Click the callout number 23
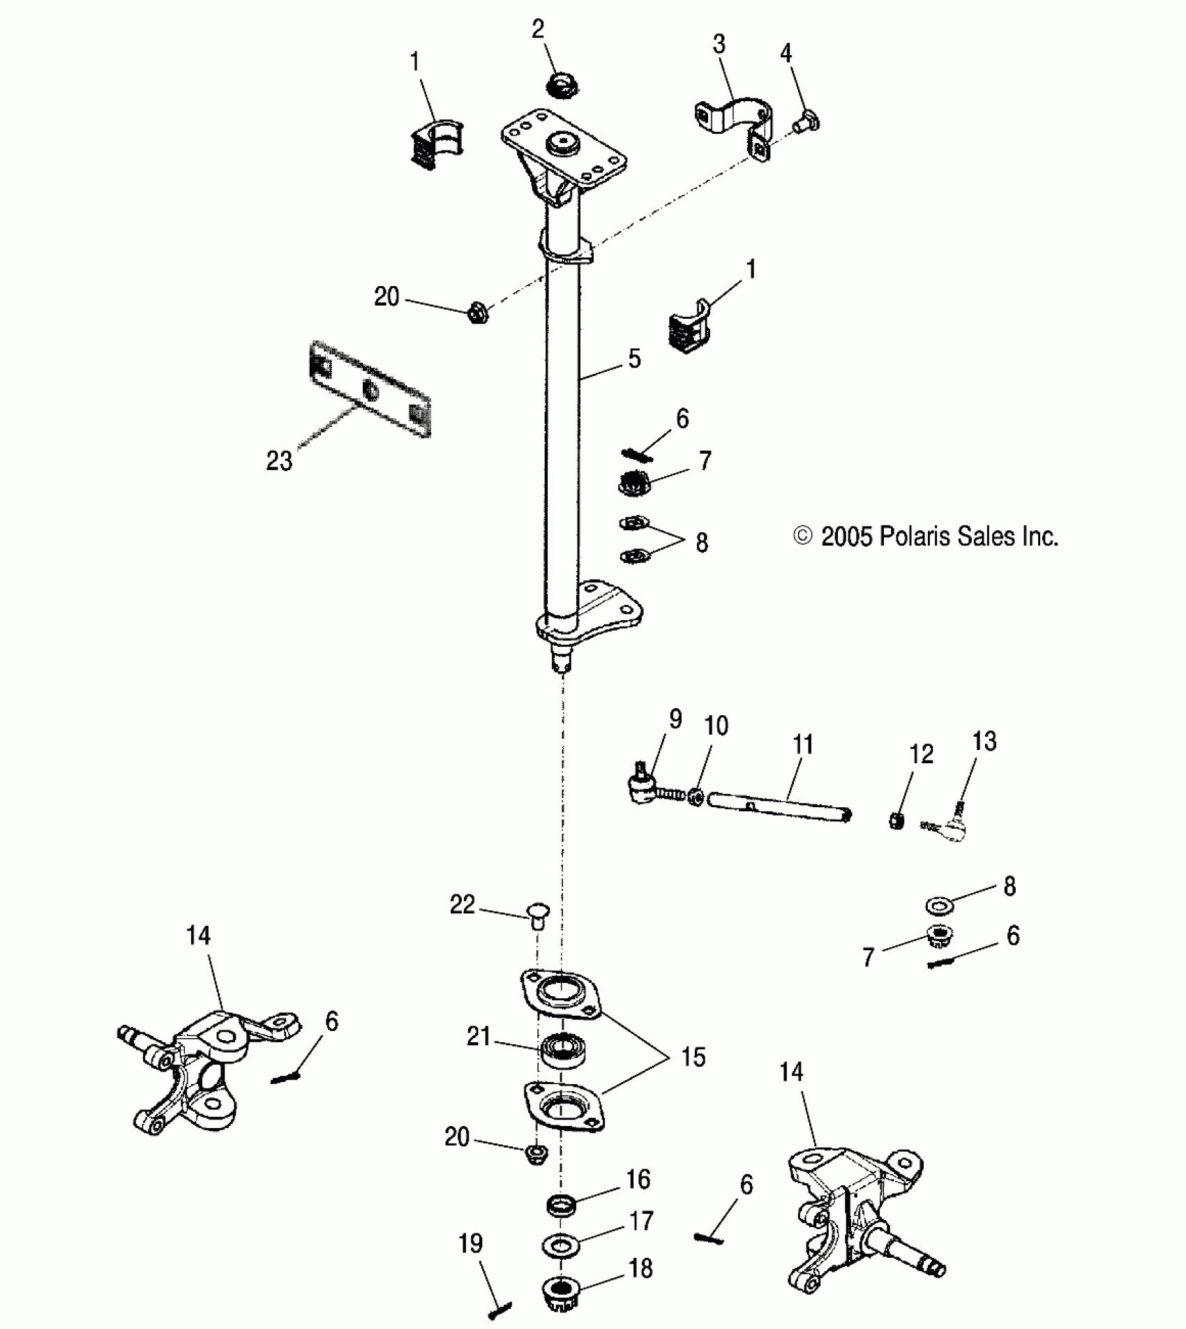279,461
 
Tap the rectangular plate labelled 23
370,389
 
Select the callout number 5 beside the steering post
634,359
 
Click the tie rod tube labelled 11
780,808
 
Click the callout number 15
693,1057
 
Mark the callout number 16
638,1179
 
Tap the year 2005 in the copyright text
847,536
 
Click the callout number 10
716,726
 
